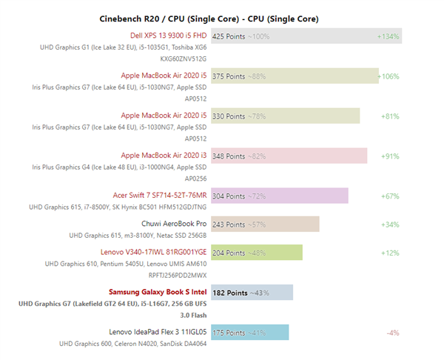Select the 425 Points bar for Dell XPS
[x=306, y=36]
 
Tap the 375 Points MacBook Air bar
[x=295, y=76]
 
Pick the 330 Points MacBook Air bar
[x=286, y=116]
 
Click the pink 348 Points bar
[x=289, y=156]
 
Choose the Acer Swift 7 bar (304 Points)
[x=280, y=196]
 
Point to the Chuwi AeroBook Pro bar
[x=265, y=224]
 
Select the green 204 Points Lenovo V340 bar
[x=257, y=252]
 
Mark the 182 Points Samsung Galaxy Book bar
[x=252, y=292]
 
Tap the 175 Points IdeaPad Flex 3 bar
[x=250, y=332]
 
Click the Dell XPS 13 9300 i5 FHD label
[x=168, y=35]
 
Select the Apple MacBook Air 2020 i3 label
[x=164, y=155]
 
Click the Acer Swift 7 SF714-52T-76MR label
[x=160, y=195]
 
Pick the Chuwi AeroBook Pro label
[x=174, y=223]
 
